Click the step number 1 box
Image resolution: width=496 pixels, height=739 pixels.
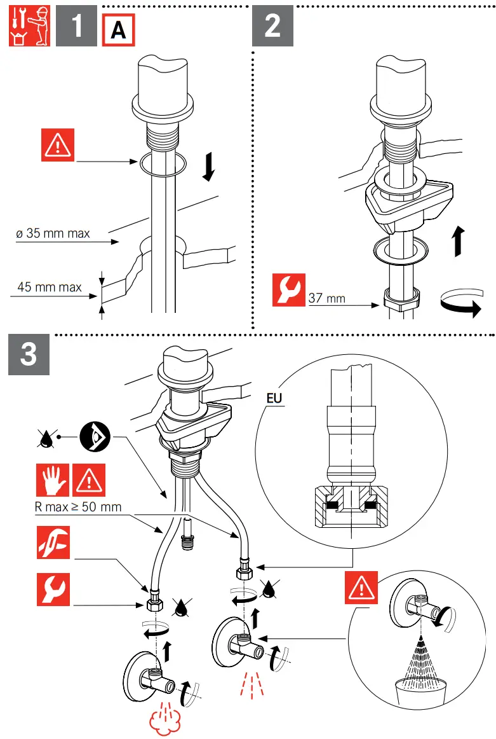(76, 27)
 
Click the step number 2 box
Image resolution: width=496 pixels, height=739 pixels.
(272, 27)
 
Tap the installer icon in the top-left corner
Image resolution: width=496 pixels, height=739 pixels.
(29, 27)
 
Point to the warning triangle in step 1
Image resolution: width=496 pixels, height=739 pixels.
(58, 144)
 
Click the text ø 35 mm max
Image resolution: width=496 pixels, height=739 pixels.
(53, 233)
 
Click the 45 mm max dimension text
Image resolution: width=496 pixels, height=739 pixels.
(50, 287)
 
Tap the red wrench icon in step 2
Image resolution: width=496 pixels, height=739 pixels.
(289, 289)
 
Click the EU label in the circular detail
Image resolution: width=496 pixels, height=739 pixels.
(274, 399)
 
